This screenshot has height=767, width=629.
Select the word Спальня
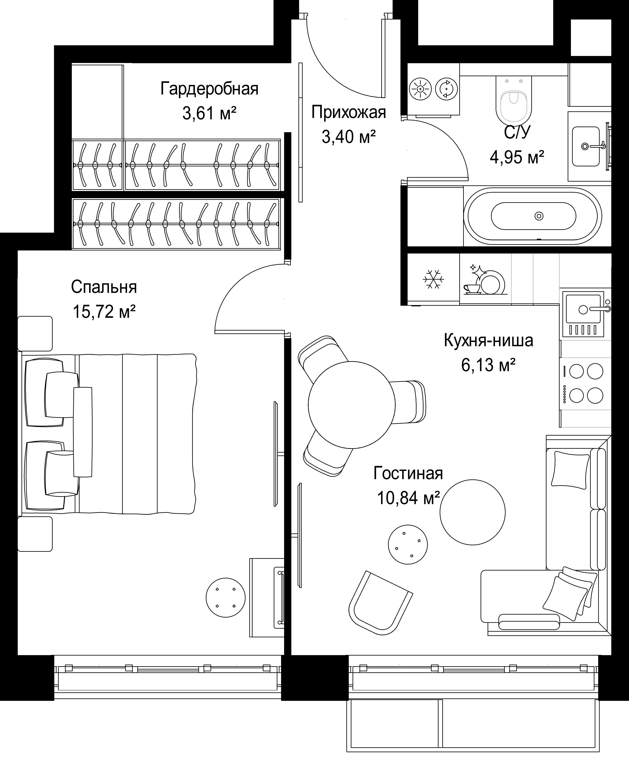point(104,287)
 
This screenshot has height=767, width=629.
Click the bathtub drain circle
point(539,216)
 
